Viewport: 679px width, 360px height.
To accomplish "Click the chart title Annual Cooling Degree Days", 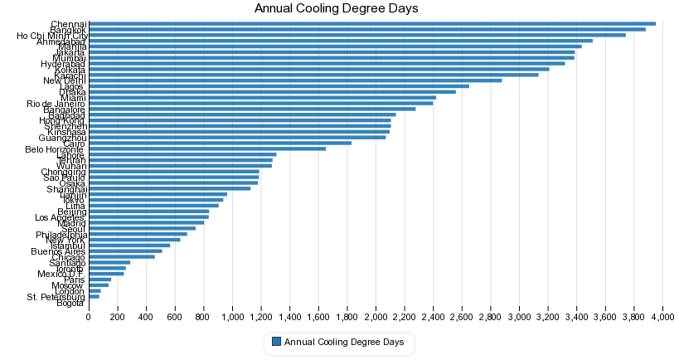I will click(x=336, y=8).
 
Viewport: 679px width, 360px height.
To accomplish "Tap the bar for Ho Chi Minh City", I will click(x=356, y=35).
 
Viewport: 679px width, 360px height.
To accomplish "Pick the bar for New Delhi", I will click(x=294, y=80).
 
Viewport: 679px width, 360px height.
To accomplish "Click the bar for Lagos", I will click(x=279, y=86).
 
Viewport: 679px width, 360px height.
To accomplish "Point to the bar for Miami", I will click(x=262, y=98).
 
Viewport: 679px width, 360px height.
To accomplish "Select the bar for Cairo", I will click(x=220, y=143).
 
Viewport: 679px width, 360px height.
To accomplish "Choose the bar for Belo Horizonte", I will click(x=206, y=148).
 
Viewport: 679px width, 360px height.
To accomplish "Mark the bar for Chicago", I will click(x=121, y=256).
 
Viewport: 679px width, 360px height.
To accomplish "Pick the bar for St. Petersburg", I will click(x=94, y=296).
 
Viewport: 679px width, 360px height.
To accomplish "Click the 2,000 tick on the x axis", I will click(x=376, y=317).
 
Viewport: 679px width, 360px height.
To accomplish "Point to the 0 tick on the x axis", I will click(x=89, y=317).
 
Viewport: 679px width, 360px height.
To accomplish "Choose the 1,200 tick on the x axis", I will click(x=260, y=317).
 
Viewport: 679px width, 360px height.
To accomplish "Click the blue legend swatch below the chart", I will click(x=277, y=342).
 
